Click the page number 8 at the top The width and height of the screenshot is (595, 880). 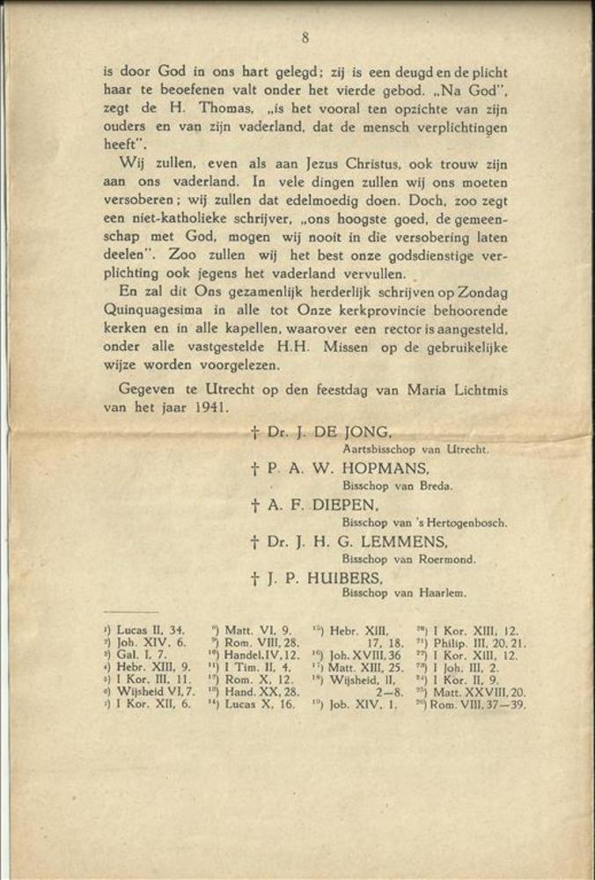point(305,37)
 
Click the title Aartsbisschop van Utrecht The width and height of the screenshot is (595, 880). point(414,449)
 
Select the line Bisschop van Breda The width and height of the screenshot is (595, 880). point(397,486)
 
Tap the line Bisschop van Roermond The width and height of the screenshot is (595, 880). point(408,559)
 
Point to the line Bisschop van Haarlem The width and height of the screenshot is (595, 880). point(404,594)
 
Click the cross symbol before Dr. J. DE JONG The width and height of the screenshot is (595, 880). point(254,433)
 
